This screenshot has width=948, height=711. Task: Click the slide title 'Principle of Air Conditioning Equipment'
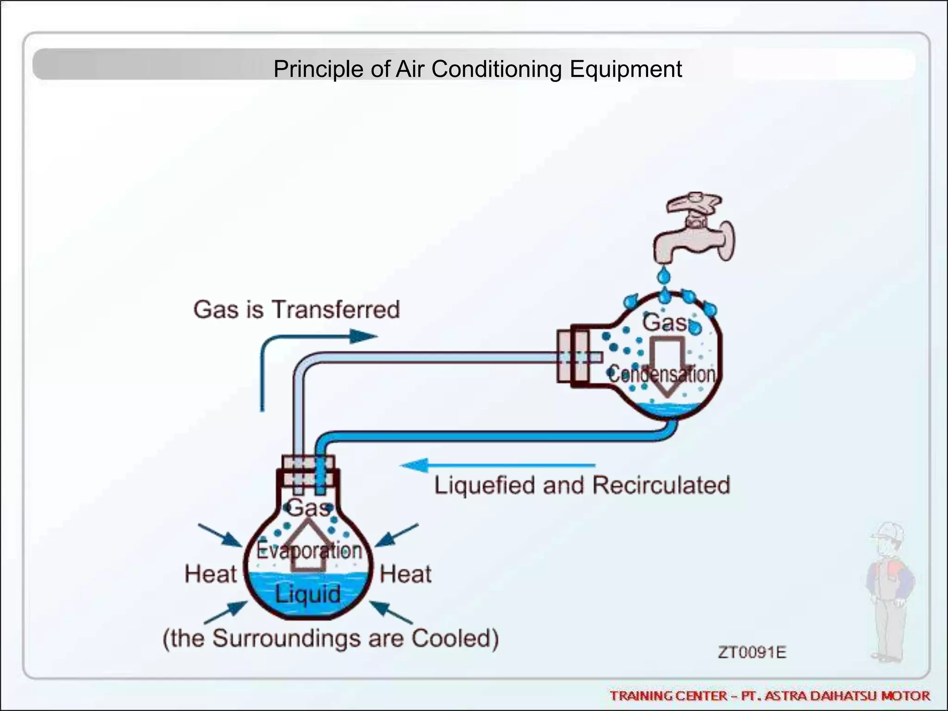[x=477, y=69]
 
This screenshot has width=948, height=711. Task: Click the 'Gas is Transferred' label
[x=296, y=310]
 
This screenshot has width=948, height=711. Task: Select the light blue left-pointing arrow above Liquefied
[x=498, y=465]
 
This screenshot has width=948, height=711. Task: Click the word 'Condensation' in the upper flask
[x=662, y=374]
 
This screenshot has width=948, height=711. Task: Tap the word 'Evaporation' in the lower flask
[x=309, y=550]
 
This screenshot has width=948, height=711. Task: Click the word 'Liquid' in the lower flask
[x=308, y=594]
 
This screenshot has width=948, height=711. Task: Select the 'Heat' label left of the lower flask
[x=211, y=574]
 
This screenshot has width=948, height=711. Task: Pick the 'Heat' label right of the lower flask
[x=405, y=574]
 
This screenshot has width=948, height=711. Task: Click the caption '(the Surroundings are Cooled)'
[x=331, y=638]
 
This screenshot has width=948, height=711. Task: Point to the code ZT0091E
[x=752, y=652]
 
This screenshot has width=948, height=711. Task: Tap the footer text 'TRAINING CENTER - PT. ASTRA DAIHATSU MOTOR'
[x=769, y=696]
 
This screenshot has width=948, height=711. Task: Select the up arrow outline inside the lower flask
[x=307, y=546]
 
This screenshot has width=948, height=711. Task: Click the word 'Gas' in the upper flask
[x=665, y=323]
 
